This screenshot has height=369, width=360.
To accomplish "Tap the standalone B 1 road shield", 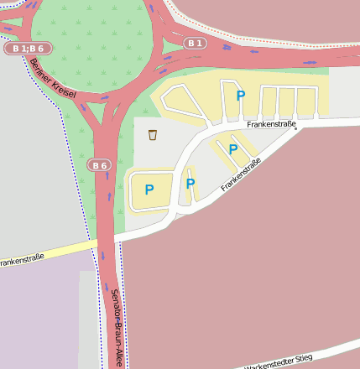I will pos(196,43).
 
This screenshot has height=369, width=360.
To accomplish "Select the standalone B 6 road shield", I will pos(100,165).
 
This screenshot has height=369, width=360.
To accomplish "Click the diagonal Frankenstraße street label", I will pos(242,174).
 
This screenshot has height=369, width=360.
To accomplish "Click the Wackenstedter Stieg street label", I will pos(278,361).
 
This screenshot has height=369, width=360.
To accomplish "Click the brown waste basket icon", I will pos(152,135).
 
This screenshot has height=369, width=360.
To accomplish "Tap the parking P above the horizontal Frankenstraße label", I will pos(241,96).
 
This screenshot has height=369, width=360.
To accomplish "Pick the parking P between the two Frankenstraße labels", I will pos(233,150).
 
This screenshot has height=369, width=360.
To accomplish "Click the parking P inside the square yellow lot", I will pos(149,190).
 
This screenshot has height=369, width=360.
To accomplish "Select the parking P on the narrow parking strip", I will pos(190,184).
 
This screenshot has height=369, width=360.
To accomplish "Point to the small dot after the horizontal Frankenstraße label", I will pos(295,129).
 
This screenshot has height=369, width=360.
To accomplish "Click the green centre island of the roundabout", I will pos(92,34).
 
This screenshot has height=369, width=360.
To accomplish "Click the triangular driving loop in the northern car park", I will pos(180,101).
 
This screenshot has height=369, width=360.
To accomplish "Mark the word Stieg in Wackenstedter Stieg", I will pos(301,358).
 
